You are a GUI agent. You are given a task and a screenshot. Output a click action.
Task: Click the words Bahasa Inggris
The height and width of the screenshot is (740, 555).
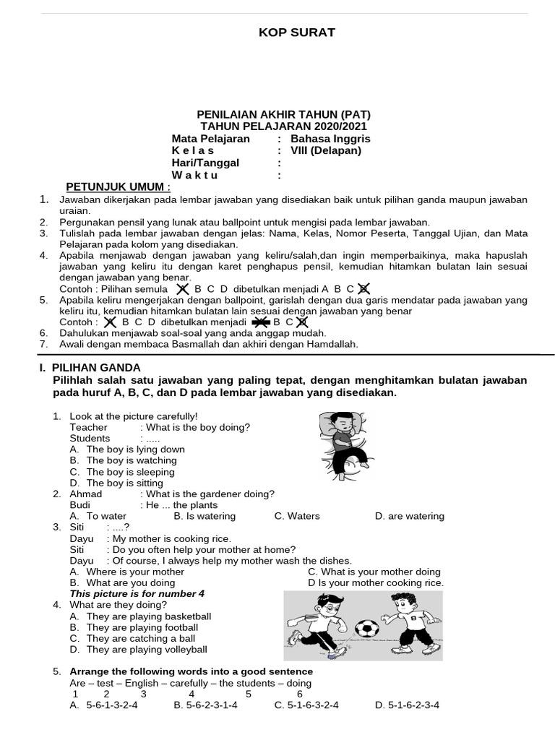click(x=330, y=139)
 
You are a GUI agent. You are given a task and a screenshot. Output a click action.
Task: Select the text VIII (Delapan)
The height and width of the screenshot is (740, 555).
click(x=325, y=150)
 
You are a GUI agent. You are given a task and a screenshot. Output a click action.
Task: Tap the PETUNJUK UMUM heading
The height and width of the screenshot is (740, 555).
click(x=119, y=187)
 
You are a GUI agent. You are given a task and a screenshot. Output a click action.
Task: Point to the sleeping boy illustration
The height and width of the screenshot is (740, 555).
click(x=344, y=446)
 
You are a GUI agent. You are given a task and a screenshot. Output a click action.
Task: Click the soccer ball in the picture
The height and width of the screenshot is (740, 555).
click(x=367, y=629)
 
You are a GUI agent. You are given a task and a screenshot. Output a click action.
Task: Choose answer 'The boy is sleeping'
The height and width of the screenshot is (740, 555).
click(x=130, y=472)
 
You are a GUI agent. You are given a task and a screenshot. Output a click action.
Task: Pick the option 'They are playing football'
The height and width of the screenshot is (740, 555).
click(x=142, y=627)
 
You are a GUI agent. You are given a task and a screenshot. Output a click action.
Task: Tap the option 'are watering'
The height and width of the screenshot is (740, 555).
click(x=415, y=516)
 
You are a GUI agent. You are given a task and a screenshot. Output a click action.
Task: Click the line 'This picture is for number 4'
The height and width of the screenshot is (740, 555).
click(x=137, y=593)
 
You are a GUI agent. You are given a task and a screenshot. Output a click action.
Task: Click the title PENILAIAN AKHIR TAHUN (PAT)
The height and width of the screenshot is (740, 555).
click(x=285, y=115)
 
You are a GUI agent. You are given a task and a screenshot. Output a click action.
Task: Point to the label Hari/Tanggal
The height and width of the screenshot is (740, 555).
click(x=205, y=163)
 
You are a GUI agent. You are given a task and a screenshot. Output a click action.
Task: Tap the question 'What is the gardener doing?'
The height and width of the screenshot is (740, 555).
click(x=210, y=494)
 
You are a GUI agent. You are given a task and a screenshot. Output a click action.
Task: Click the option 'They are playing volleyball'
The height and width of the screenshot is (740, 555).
click(x=146, y=650)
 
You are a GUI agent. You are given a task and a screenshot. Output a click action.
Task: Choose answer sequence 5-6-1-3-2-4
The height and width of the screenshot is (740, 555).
click(x=111, y=705)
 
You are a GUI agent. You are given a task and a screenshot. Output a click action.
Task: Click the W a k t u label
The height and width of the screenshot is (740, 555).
click(x=194, y=175)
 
